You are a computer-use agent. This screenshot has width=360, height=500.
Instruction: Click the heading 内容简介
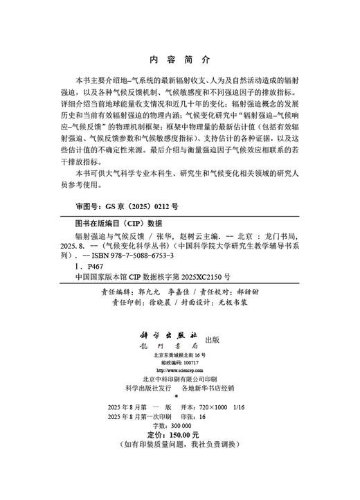click(179, 60)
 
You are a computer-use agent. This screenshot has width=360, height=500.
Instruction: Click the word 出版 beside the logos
click(213, 339)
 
